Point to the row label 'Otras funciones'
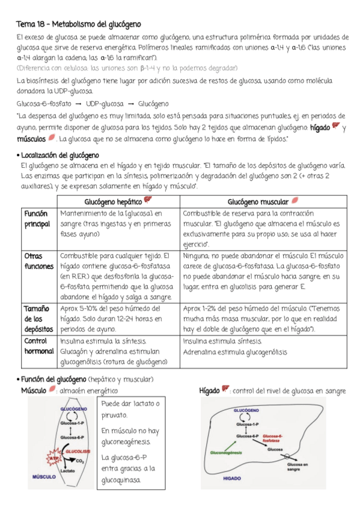37,261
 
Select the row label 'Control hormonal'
37,346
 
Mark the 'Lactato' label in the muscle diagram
68,471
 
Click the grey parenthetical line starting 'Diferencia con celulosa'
126,68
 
